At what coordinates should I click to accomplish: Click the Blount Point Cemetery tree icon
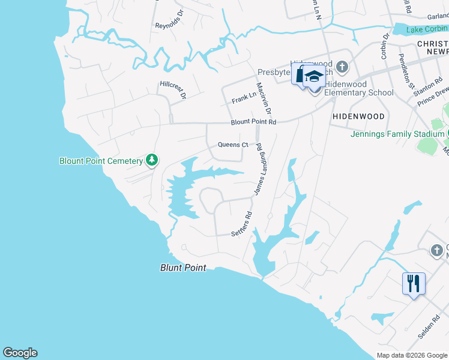coord(153,160)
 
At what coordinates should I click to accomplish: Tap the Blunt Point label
coord(183,268)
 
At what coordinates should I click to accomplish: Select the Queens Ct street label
coord(233,145)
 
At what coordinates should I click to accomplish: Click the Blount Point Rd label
coord(253,122)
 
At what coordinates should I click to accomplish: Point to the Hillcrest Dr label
coord(173,89)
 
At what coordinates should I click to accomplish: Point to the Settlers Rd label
coord(242,224)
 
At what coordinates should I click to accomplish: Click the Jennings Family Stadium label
coord(397,134)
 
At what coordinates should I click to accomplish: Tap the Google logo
coord(20,353)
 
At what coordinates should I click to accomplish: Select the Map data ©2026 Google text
coord(412,355)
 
